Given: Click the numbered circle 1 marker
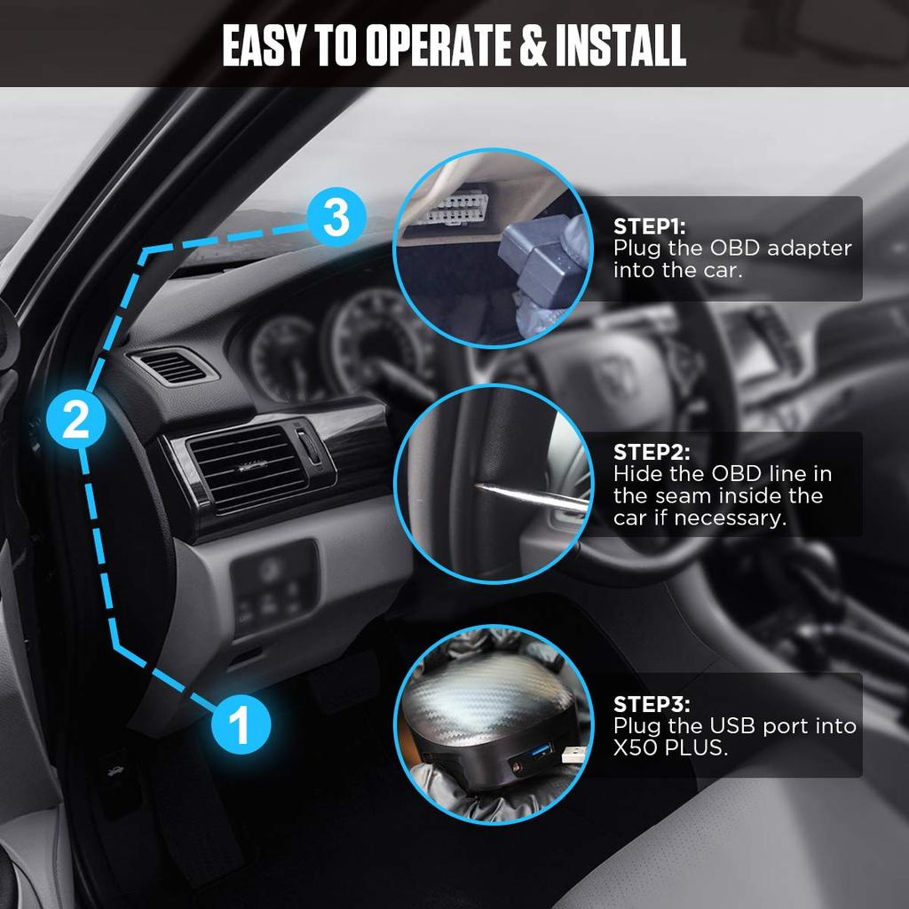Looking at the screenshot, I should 239,724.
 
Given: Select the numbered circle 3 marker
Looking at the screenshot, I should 336,217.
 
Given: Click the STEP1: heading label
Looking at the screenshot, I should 649,226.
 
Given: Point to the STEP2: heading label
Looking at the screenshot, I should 651,452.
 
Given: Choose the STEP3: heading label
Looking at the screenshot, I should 651,704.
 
